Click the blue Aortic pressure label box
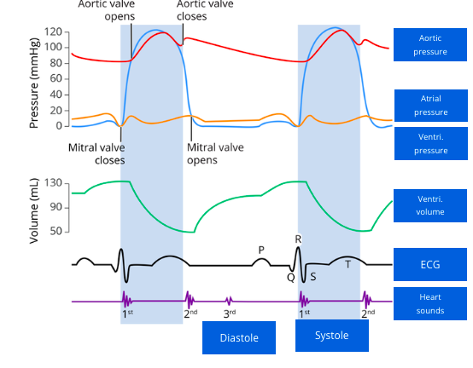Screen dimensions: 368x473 430,45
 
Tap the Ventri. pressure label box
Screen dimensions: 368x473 430,144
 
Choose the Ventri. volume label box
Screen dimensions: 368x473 430,204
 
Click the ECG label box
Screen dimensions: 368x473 430,264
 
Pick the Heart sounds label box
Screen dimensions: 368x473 430,304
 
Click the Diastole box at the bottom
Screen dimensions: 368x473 240,337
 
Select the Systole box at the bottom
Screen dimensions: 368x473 332,335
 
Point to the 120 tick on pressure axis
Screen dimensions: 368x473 54,32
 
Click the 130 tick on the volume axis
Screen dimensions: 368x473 54,183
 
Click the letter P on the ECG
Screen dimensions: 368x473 261,250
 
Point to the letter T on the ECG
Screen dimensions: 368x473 347,265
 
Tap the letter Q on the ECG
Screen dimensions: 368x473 290,276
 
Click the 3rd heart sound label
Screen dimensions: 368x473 230,314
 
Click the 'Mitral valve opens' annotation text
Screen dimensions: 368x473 214,153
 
